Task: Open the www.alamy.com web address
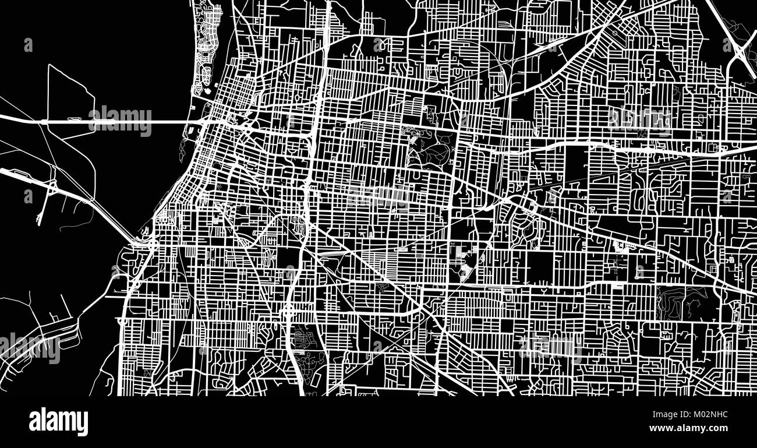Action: tap(688, 428)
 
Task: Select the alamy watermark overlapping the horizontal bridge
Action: tap(120, 121)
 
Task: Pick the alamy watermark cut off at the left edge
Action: tap(29, 348)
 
